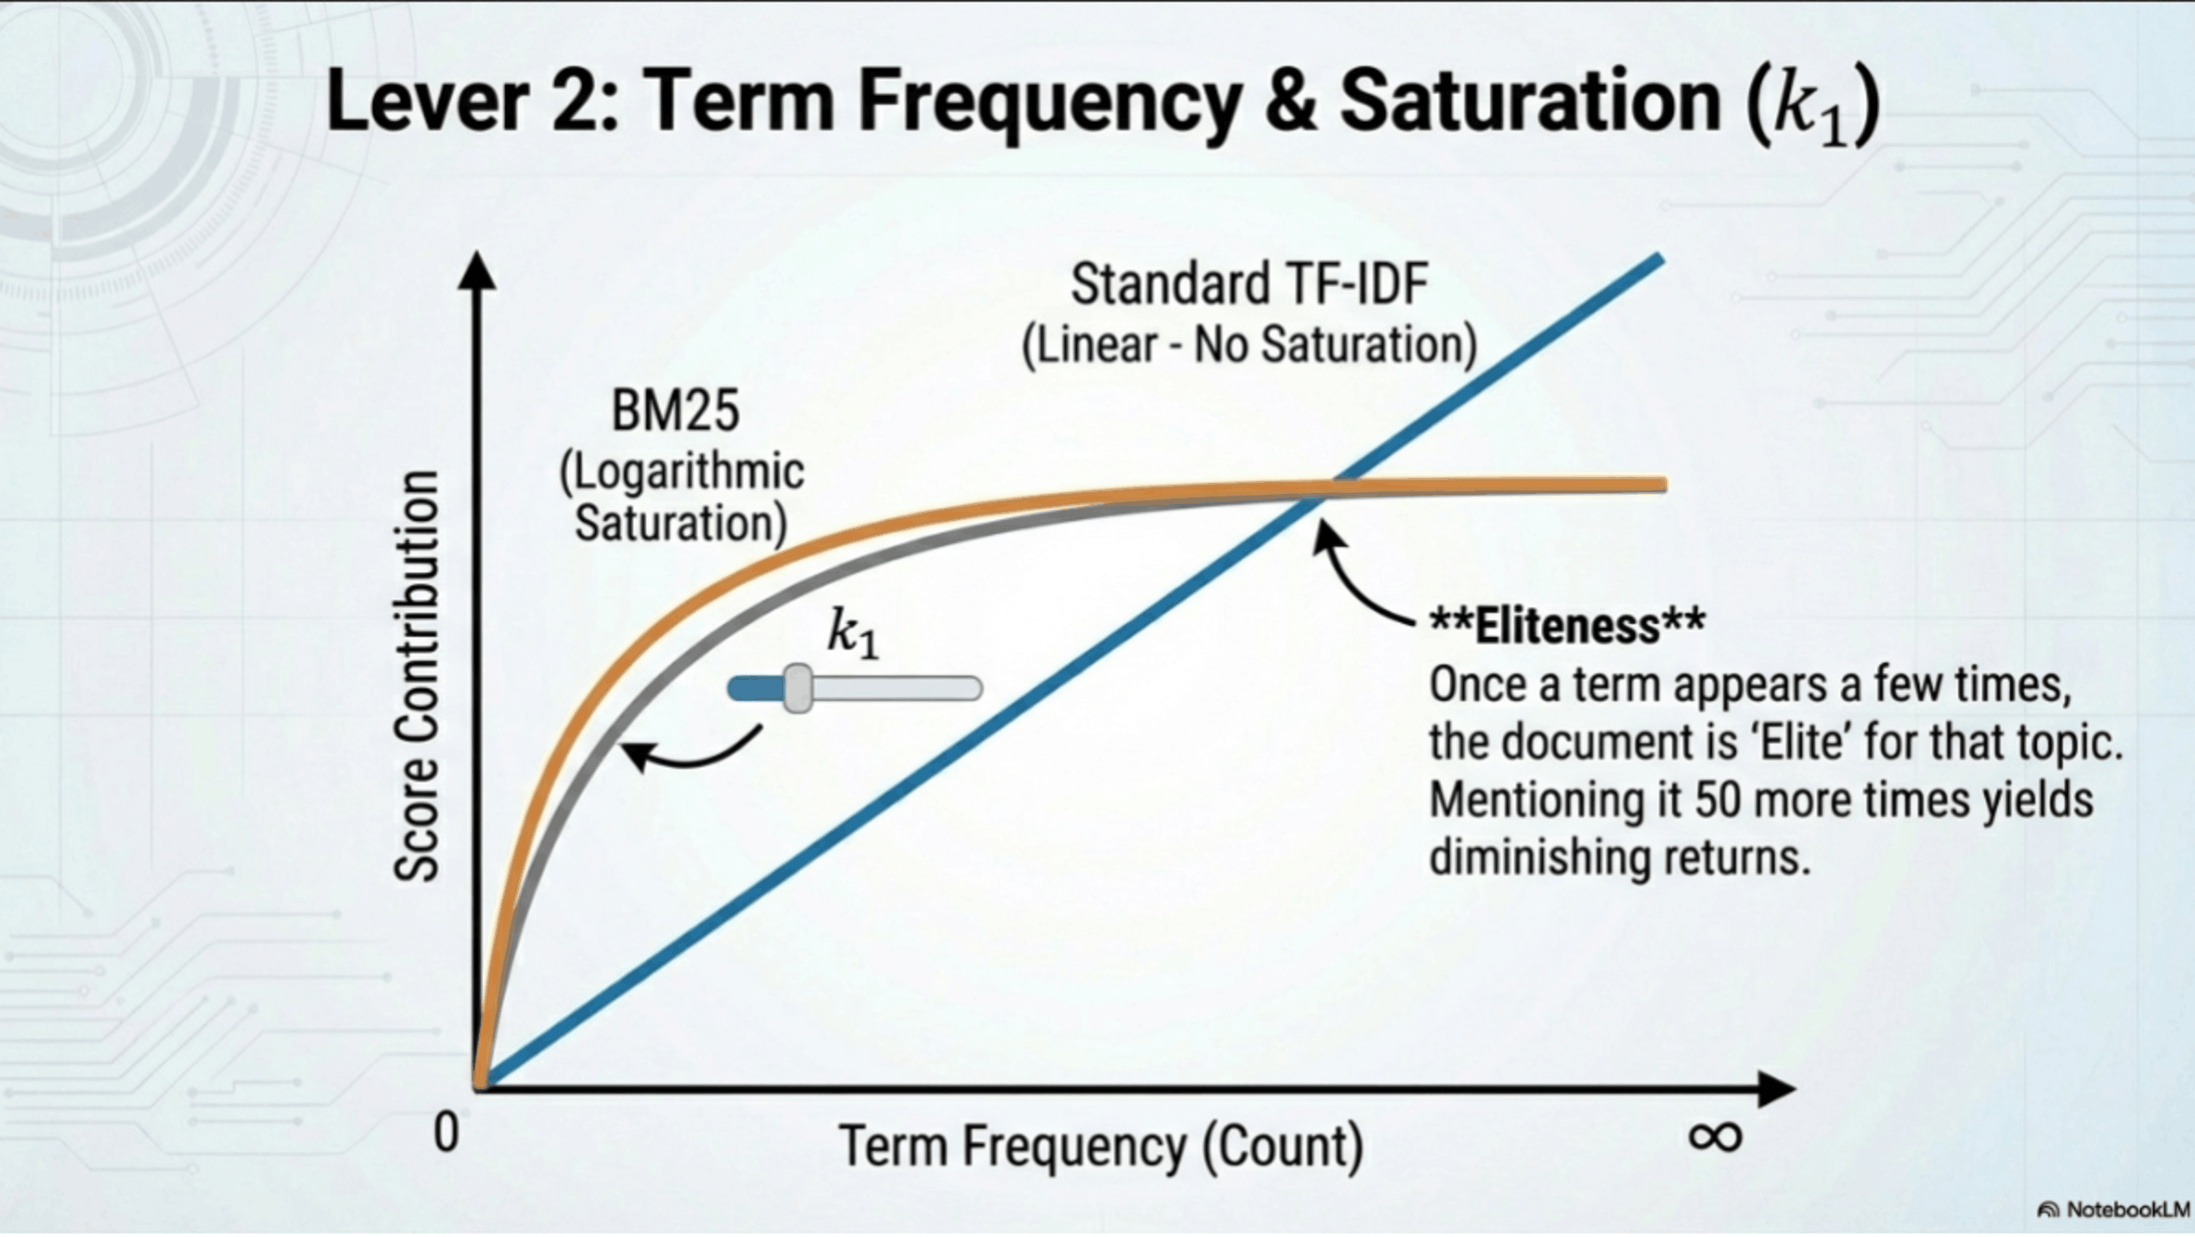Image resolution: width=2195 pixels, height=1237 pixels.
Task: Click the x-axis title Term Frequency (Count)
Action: point(1102,1146)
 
